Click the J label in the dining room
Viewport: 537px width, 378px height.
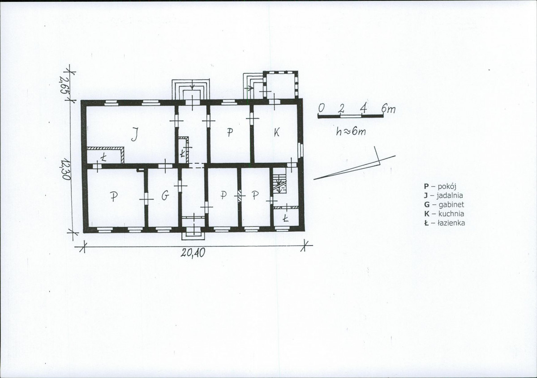click(135, 134)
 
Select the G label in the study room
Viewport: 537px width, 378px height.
click(165, 195)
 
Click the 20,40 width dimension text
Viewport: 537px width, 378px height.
click(193, 253)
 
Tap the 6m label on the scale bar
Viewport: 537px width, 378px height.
click(389, 108)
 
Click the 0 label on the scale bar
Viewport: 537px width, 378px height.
click(321, 108)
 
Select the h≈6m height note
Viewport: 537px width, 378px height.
click(351, 131)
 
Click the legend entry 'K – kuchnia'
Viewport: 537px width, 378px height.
click(444, 214)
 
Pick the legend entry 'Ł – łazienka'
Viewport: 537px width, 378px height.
click(445, 223)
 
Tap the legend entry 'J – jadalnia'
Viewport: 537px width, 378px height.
click(443, 195)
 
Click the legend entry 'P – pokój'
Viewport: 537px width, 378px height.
click(440, 187)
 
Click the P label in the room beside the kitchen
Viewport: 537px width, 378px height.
click(230, 132)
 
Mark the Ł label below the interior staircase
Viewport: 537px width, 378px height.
click(286, 217)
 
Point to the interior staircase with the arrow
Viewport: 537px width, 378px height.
click(280, 183)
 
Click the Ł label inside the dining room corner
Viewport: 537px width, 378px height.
click(104, 157)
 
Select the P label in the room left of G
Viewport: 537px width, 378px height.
click(114, 196)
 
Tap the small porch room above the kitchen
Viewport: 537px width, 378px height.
click(280, 85)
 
